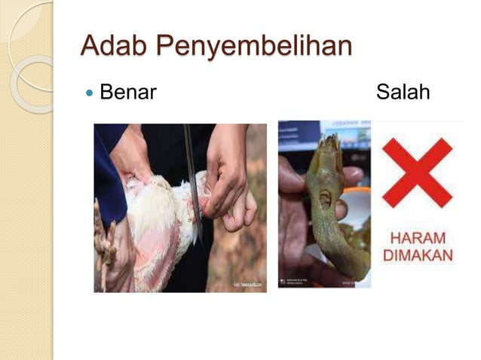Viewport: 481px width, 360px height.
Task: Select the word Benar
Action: [x=127, y=93]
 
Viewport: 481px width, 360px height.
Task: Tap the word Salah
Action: [x=403, y=93]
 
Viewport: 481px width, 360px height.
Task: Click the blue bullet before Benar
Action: [x=89, y=93]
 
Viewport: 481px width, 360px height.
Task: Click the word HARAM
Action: [x=418, y=238]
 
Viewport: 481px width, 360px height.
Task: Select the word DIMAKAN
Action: [x=418, y=255]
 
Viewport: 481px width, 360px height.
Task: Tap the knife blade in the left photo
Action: [x=193, y=181]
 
